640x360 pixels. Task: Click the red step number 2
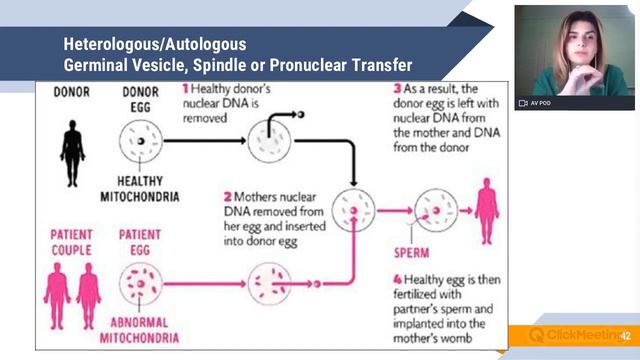coord(228,197)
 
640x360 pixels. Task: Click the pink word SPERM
coord(411,252)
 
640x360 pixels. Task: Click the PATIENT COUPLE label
coord(72,242)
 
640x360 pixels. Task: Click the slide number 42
coord(626,336)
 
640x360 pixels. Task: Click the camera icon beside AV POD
coord(522,103)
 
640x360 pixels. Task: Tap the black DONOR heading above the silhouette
coord(72,91)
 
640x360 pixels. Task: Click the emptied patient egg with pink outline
coord(268,282)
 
